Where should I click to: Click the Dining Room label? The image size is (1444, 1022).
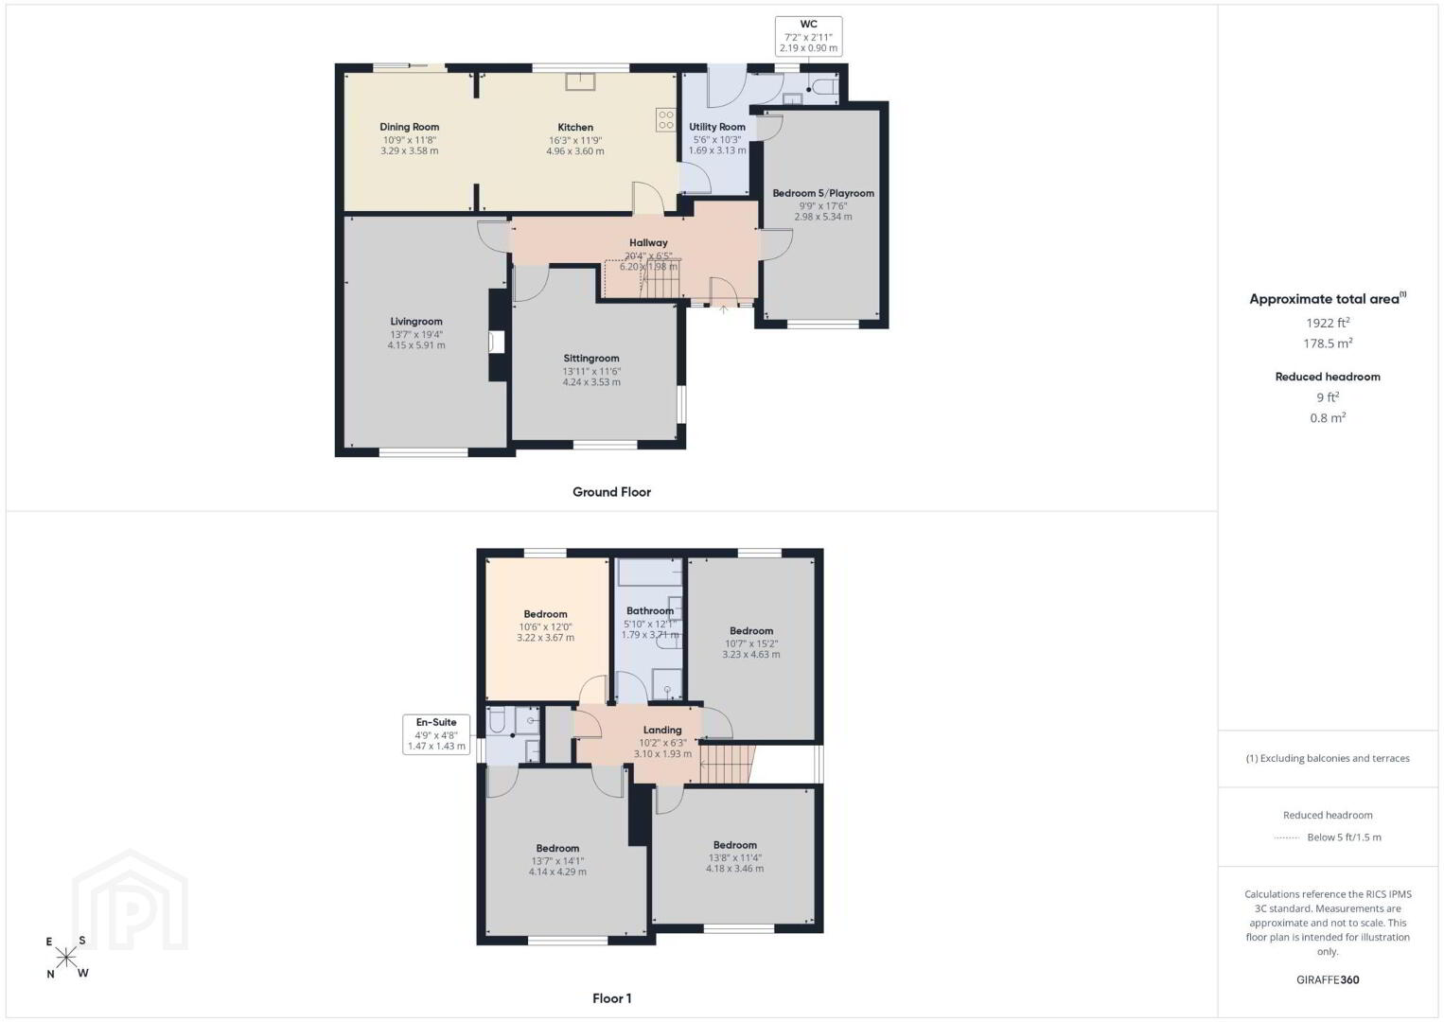point(410,127)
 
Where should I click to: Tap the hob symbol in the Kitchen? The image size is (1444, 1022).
point(666,120)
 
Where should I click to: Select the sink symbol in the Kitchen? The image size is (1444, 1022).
point(580,81)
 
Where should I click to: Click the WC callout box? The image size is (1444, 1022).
point(808,36)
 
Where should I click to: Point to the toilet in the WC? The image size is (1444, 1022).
point(825,87)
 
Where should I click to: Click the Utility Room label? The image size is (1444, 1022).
point(717,127)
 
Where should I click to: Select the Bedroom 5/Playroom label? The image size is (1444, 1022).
point(823,193)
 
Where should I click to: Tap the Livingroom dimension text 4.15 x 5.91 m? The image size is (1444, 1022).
point(415,345)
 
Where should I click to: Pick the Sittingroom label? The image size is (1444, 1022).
point(591,359)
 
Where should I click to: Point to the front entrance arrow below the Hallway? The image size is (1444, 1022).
point(723,309)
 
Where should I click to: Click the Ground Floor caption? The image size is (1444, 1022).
point(612,492)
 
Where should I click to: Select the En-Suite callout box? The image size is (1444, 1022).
point(436,734)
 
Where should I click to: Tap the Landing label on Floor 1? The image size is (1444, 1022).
point(662,730)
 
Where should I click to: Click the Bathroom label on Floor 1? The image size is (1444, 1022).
point(650,610)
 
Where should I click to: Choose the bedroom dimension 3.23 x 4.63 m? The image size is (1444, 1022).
point(751,655)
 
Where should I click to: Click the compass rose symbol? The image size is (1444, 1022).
point(65,958)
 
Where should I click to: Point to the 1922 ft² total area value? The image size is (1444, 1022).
point(1327,323)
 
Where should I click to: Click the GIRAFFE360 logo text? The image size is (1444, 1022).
point(1328,979)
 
